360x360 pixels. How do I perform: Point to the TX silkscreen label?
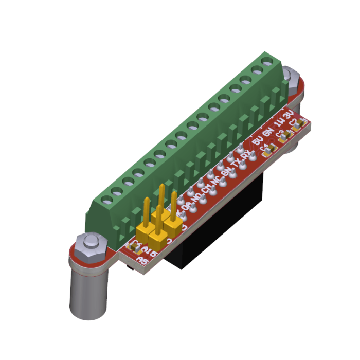coord(238,164)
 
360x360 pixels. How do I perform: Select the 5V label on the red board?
coord(259,139)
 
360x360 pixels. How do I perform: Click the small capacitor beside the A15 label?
coord(135,246)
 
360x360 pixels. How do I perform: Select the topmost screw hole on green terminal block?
coord(266,62)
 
